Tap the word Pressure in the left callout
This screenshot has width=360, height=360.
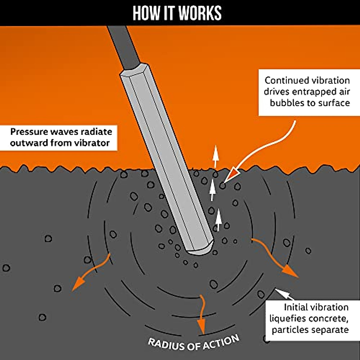click(29, 132)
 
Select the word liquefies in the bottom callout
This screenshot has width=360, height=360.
click(287, 319)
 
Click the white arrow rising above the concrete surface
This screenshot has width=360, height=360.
click(216, 157)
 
